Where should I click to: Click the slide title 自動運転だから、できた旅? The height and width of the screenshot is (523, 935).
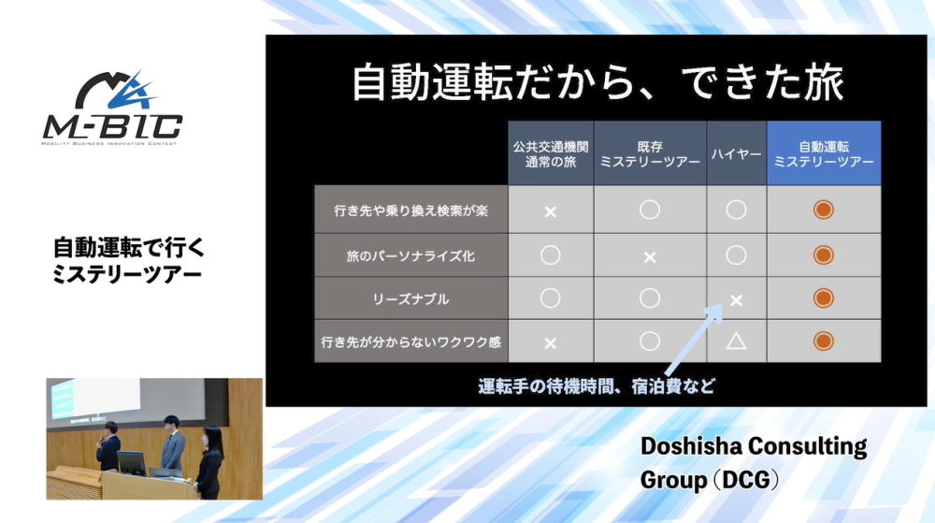[x=597, y=82]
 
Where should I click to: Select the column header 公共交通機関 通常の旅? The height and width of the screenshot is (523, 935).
[x=551, y=153]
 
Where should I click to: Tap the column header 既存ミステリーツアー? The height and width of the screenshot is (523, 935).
[x=650, y=153]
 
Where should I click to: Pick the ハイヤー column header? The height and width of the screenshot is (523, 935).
[x=737, y=153]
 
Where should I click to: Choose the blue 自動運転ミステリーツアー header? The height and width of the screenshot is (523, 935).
[x=824, y=153]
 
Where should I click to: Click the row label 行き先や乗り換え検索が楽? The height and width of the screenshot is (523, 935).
[x=410, y=210]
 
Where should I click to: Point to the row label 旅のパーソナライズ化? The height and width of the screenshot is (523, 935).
[x=410, y=255]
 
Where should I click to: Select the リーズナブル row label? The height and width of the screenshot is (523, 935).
[x=410, y=298]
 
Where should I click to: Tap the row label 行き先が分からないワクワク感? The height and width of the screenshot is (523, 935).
[x=410, y=341]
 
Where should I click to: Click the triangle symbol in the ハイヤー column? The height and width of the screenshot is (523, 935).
[x=736, y=341]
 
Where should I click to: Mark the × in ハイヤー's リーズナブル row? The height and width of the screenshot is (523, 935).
[x=737, y=300]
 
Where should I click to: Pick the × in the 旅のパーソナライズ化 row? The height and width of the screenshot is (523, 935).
[x=650, y=257]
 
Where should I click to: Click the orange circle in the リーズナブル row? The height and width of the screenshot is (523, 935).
[x=824, y=298]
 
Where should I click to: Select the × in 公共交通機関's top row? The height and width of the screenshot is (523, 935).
[x=551, y=211]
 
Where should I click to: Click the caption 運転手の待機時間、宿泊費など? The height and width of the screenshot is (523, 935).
[x=597, y=386]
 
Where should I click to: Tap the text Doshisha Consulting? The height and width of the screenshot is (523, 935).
[x=754, y=446]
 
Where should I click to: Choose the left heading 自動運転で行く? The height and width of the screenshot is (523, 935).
[x=129, y=247]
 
